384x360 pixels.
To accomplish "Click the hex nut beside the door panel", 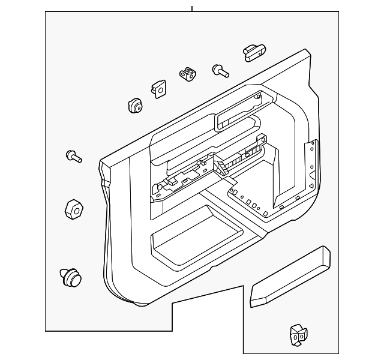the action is [73, 209].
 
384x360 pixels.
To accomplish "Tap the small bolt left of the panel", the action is [73, 157].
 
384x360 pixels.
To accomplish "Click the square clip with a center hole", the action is [159, 89].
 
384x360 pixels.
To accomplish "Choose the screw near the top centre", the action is [220, 71].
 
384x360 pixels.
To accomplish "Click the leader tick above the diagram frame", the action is [192, 8].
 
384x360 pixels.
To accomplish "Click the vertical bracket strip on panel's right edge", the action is [312, 162].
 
